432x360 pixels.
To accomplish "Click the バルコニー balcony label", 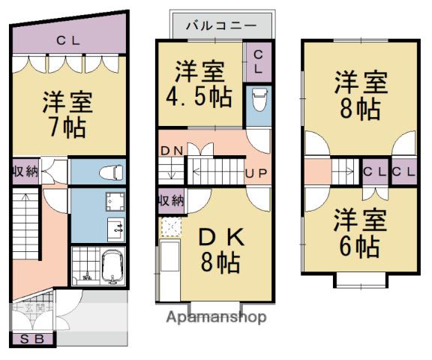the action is [x=221, y=26].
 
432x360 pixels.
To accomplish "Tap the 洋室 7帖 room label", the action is [x=67, y=115].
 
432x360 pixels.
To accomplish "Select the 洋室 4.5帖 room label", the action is [x=199, y=85].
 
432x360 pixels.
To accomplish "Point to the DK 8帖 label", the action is [x=221, y=249].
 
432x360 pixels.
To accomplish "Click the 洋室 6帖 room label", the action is [x=360, y=233].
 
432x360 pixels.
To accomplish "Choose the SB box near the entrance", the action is [x=32, y=339].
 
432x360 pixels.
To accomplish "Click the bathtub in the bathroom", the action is [x=113, y=267].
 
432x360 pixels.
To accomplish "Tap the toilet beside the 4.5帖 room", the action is [x=259, y=99].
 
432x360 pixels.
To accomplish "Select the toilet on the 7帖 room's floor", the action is [x=111, y=172].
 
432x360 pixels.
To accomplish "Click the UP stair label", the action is [x=256, y=173].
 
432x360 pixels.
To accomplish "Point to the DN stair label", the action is [x=171, y=151].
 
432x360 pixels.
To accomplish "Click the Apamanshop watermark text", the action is [x=216, y=317].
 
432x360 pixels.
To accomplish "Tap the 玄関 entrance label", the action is [x=34, y=307].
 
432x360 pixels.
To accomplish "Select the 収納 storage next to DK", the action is [x=171, y=200].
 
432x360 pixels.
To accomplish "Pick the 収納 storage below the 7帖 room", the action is [x=25, y=172].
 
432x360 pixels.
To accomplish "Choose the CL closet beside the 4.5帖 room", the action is [x=258, y=62].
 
